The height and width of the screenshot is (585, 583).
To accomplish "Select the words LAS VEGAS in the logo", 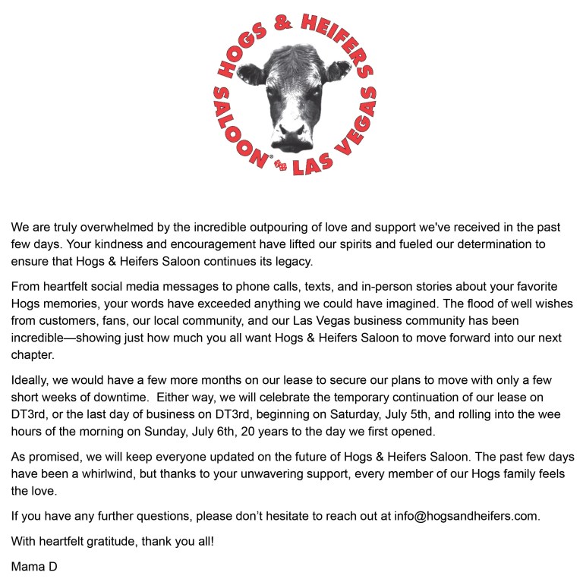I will pyautogui.click(x=334, y=140).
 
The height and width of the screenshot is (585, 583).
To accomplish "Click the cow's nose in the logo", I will pyautogui.click(x=291, y=133).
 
